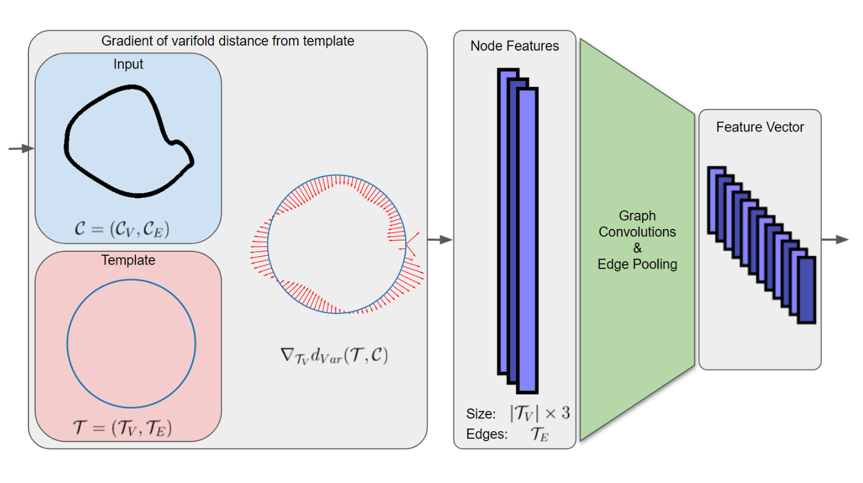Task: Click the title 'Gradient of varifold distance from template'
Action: click(227, 41)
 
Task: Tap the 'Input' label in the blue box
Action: click(128, 65)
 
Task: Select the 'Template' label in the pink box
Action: click(128, 260)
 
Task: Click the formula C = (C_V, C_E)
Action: click(122, 229)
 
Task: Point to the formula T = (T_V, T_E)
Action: click(122, 427)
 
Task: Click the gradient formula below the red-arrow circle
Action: click(334, 355)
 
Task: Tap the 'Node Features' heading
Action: click(514, 46)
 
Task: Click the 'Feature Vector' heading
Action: click(760, 128)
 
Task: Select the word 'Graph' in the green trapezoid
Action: click(638, 216)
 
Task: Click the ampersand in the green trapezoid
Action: click(638, 248)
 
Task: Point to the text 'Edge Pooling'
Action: click(638, 265)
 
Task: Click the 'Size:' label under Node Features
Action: click(481, 414)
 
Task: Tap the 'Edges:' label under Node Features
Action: click(487, 434)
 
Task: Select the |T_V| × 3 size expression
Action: click(540, 413)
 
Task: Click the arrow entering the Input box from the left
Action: click(22, 148)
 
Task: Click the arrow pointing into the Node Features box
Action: click(440, 240)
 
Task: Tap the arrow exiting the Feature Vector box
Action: click(835, 240)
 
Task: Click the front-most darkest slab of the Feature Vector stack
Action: click(806, 290)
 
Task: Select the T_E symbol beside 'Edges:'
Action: click(540, 434)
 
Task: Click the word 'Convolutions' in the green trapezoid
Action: click(638, 232)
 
